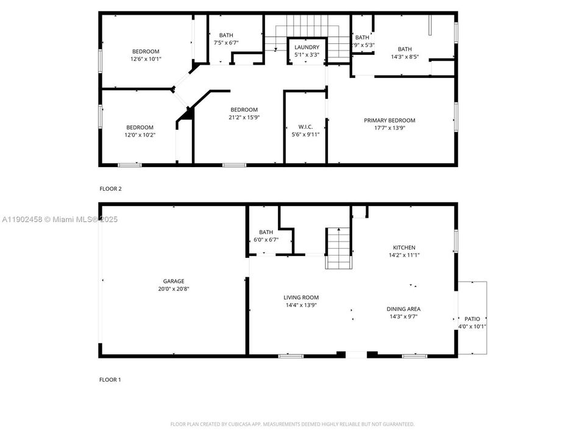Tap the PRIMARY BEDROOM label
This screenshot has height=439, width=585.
click(x=389, y=120)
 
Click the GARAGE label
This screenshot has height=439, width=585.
click(x=173, y=281)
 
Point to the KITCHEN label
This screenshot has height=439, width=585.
click(x=404, y=247)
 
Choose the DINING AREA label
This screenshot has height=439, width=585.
click(x=404, y=309)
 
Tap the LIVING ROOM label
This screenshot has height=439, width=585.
click(x=301, y=297)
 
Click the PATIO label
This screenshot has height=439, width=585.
click(x=472, y=318)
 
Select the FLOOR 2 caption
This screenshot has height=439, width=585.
click(x=110, y=189)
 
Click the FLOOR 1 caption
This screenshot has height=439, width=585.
click(x=110, y=379)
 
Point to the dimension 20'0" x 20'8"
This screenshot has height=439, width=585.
click(x=173, y=289)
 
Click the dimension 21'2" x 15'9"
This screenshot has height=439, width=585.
click(x=244, y=118)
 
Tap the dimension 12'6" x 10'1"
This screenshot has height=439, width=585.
click(x=146, y=59)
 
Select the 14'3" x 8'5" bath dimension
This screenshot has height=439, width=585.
click(x=405, y=57)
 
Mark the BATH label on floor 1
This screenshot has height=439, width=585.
click(x=266, y=232)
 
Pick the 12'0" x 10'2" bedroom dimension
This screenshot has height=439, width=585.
click(x=140, y=135)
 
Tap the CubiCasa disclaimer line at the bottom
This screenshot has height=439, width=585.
click(x=292, y=424)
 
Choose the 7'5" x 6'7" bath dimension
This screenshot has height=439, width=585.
click(x=225, y=43)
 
